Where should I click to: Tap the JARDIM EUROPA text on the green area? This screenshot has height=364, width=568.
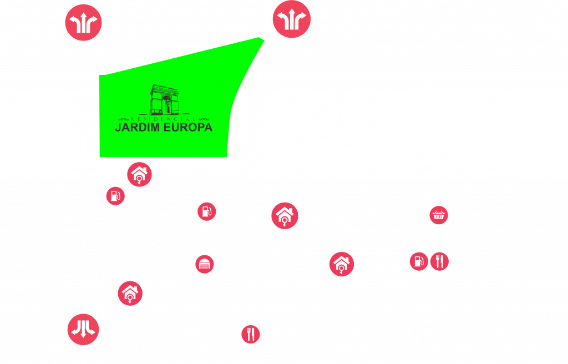(164, 127)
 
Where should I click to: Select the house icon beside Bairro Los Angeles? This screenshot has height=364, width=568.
(139, 174)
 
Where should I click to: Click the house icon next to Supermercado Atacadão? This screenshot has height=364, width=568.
(285, 215)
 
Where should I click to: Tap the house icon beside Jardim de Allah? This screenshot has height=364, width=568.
(341, 264)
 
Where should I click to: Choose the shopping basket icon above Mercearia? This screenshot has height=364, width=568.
(439, 215)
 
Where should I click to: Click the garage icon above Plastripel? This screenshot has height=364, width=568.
(205, 265)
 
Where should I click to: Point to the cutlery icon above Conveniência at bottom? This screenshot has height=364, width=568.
(251, 334)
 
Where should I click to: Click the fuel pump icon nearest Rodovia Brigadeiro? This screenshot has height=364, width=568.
(116, 195)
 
